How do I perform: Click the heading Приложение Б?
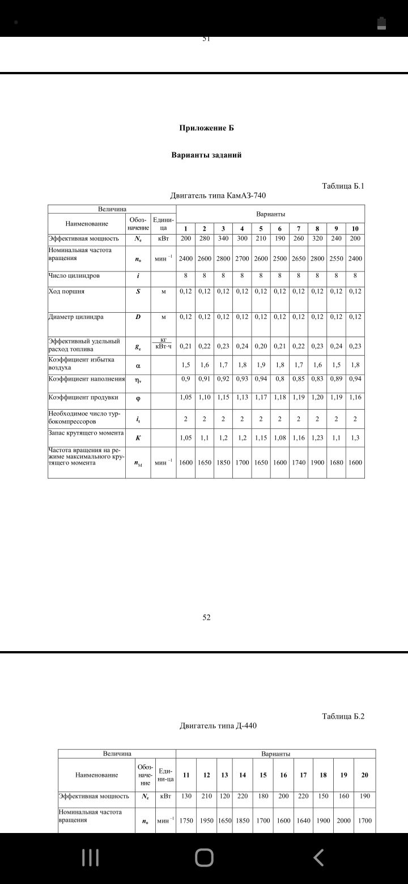pos(206,128)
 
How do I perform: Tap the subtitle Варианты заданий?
pos(206,155)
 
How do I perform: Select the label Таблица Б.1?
pos(343,185)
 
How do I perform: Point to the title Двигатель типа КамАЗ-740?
pos(218,195)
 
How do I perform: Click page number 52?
pos(206,617)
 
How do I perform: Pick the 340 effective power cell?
pos(223,239)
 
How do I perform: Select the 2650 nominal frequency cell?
pos(299,258)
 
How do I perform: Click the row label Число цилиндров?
pos(74,276)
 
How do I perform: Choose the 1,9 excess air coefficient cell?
pos(261,365)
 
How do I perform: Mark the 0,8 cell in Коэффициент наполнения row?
pos(280,379)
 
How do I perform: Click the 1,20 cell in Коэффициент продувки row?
pos(317,397)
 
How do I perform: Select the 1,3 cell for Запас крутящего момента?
pos(355,438)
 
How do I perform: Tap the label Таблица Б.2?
pos(343,716)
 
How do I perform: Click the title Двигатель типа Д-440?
pos(218,725)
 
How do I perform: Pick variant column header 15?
pos(263,775)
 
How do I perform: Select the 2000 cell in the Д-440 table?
pos(343,820)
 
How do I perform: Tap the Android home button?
pos(204,858)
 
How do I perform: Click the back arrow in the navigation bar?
pos(318,858)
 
